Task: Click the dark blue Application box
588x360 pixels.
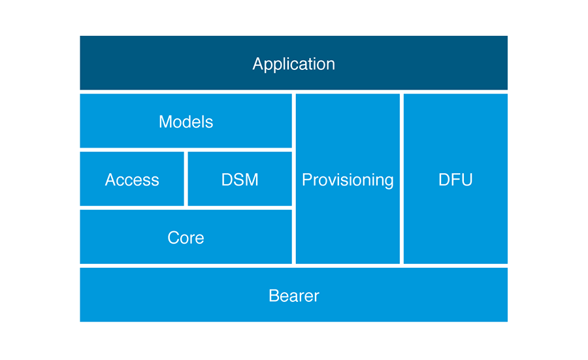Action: pos(293,63)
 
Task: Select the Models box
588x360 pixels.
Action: pos(186,121)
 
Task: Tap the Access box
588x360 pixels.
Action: pos(132,179)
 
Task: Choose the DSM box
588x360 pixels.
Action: pos(240,179)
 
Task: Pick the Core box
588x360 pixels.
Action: pos(186,237)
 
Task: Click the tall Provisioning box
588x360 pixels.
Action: pos(348,179)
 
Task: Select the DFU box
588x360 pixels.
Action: pos(455,179)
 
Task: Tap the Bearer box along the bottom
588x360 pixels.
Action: pos(293,295)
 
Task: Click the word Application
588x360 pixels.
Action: pos(293,65)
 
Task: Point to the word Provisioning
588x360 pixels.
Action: pos(348,180)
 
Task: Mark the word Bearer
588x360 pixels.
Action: pos(294,296)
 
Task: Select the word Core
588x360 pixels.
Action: pos(186,238)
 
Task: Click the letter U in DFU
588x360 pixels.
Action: pos(467,180)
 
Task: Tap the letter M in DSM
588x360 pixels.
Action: pos(251,180)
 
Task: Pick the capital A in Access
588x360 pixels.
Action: pos(111,180)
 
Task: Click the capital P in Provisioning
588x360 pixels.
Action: pos(307,180)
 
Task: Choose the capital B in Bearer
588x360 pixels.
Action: pos(274,296)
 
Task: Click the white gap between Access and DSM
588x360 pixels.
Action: pos(186,179)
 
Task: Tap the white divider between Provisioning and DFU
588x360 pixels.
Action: pos(402,179)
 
